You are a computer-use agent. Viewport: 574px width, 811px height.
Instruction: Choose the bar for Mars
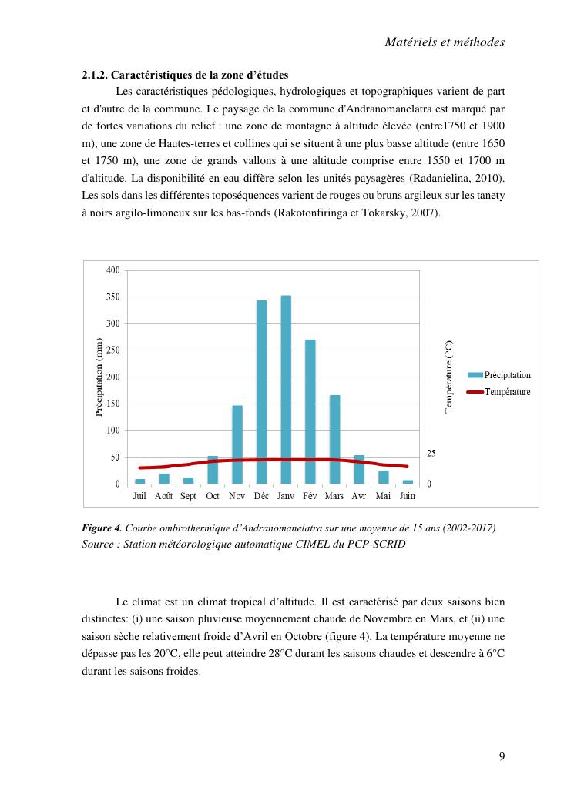click(334, 439)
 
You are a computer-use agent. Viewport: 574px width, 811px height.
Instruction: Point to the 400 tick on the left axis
click(112, 270)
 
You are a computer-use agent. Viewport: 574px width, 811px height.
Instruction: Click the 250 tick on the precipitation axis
click(112, 350)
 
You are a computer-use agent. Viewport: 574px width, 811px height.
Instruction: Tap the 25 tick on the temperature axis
click(431, 454)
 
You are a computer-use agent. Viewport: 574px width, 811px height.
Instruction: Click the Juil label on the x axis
click(139, 496)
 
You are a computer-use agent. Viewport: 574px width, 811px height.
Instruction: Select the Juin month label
click(408, 496)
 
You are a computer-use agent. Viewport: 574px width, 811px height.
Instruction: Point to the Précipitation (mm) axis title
click(99, 377)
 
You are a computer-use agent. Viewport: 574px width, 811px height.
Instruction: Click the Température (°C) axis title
click(449, 377)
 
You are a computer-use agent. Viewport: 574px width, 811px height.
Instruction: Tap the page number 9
click(502, 756)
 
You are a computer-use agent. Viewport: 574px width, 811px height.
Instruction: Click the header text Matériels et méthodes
click(445, 42)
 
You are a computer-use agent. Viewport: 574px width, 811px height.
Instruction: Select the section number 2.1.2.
click(96, 75)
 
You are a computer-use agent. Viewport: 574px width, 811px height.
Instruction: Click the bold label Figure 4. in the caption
click(102, 528)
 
